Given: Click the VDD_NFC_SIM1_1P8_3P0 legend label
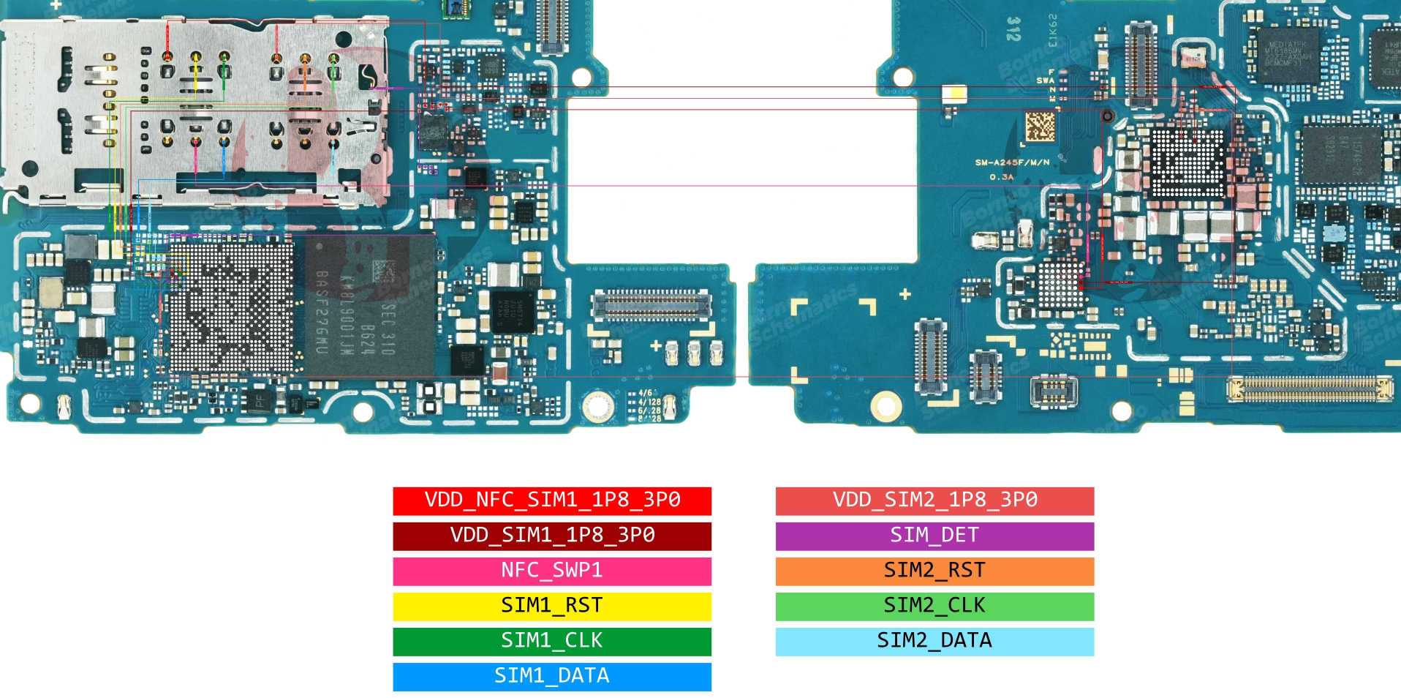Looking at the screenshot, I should [552, 500].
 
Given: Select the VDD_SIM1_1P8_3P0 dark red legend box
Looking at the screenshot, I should [552, 536].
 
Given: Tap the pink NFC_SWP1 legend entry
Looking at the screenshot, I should [552, 571].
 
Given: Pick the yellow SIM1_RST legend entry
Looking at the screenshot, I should [552, 606].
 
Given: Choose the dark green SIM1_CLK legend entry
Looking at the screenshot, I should [552, 641].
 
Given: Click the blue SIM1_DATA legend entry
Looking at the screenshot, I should [552, 676].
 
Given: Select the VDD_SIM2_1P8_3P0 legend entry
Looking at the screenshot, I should [934, 500].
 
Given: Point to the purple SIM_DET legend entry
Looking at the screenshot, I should [934, 536].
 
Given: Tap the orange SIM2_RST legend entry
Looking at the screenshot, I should [934, 571].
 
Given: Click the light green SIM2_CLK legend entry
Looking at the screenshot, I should [934, 606].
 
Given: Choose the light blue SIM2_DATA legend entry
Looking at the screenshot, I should [934, 641].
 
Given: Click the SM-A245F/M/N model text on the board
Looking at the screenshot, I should [1012, 162].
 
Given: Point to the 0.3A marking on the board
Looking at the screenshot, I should [1001, 177].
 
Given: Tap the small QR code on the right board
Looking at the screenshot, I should [1040, 127].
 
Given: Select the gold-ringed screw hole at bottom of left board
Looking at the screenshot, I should [597, 405].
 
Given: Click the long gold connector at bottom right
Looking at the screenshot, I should [1310, 389].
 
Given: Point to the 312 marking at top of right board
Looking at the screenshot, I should [1013, 29].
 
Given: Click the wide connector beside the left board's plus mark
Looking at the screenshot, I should [651, 305].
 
